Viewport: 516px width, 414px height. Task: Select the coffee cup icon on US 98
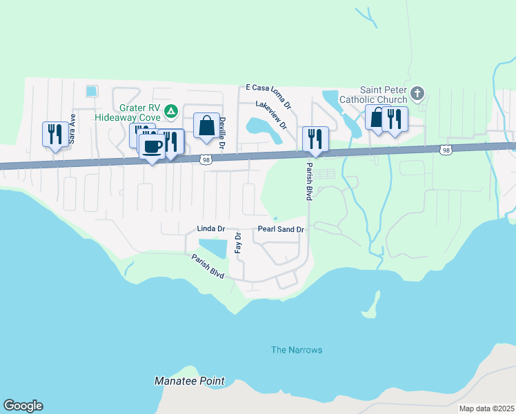click(152, 146)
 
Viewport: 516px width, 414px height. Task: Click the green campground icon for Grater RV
click(172, 110)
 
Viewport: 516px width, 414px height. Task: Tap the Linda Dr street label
click(211, 228)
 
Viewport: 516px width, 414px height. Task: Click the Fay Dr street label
click(239, 243)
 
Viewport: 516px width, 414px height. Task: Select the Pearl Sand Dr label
click(281, 228)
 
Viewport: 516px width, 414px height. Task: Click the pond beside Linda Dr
click(212, 247)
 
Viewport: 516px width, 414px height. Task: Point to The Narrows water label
click(297, 350)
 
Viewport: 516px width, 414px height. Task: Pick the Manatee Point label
click(189, 381)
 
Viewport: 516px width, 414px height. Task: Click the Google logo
click(23, 406)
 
